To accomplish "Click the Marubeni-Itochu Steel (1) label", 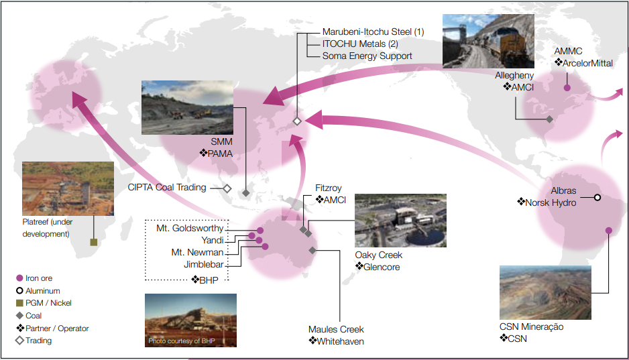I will [x=373, y=32].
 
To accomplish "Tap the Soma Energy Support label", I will [x=367, y=56].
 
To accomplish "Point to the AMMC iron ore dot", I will [x=567, y=87].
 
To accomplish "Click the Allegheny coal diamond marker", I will [x=549, y=119].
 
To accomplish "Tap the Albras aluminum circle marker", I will [x=597, y=197].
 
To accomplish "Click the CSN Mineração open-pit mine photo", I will [x=545, y=292].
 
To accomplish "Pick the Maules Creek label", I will [x=336, y=329].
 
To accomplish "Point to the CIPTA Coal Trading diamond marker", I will [x=227, y=188].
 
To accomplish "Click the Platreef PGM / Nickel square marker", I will [x=94, y=242].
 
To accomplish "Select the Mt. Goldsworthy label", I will [x=190, y=229].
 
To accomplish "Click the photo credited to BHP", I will [x=190, y=320].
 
